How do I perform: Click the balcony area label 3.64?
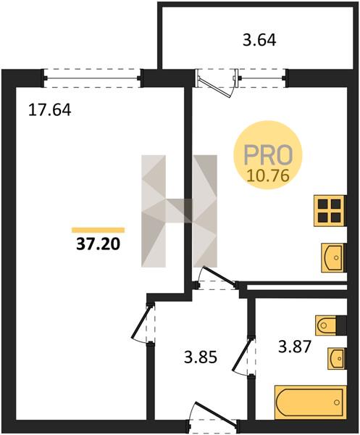coord(259,41)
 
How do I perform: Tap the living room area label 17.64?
coord(50,110)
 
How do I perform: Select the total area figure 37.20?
coord(99,244)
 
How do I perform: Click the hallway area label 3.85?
coord(201,357)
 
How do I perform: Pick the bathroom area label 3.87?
coord(295,347)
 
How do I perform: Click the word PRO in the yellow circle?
coord(268,154)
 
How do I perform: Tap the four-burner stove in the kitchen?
coord(330,211)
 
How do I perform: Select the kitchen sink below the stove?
coord(333,257)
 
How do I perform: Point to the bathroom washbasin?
coord(336,358)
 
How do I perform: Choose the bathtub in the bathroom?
coord(310,402)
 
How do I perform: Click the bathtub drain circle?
coord(337,402)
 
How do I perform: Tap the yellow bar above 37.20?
coord(98,230)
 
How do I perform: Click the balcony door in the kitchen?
coord(216,83)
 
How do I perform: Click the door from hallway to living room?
coord(143,323)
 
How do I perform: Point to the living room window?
coord(93,78)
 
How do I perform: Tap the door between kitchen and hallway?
coord(216,278)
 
